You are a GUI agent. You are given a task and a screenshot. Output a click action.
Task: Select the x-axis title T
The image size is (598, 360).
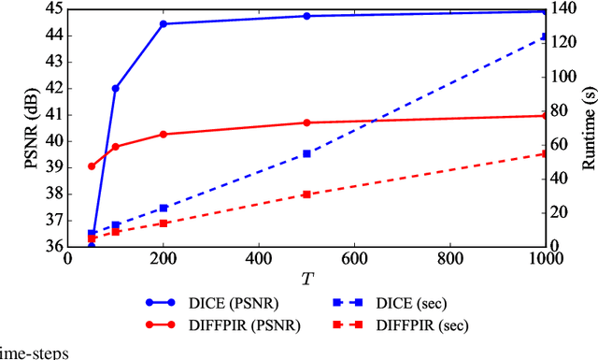pyautogui.click(x=306, y=278)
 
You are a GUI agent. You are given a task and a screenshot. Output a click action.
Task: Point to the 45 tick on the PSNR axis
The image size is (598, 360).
pyautogui.click(x=52, y=8)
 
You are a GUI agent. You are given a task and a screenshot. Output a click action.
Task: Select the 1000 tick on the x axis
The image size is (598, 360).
pyautogui.click(x=544, y=259)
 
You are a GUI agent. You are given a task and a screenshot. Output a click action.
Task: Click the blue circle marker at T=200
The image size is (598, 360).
pyautogui.click(x=164, y=23)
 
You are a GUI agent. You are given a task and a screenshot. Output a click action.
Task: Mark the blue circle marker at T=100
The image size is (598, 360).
pyautogui.click(x=116, y=88)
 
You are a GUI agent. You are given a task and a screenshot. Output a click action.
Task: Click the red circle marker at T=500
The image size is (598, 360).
pyautogui.click(x=306, y=122)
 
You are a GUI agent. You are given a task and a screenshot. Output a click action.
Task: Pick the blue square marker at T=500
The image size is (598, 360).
pyautogui.click(x=306, y=153)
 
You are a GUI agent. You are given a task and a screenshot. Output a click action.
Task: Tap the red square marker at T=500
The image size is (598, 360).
pyautogui.click(x=306, y=194)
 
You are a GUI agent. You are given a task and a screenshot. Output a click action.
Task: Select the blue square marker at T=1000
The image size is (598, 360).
pyautogui.click(x=545, y=37)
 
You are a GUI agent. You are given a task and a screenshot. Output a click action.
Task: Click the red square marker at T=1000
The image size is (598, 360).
pyautogui.click(x=545, y=154)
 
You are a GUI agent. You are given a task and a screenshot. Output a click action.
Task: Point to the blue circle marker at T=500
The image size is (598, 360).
pyautogui.click(x=306, y=16)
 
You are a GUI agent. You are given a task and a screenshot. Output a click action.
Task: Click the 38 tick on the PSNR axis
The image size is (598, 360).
pyautogui.click(x=52, y=194)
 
